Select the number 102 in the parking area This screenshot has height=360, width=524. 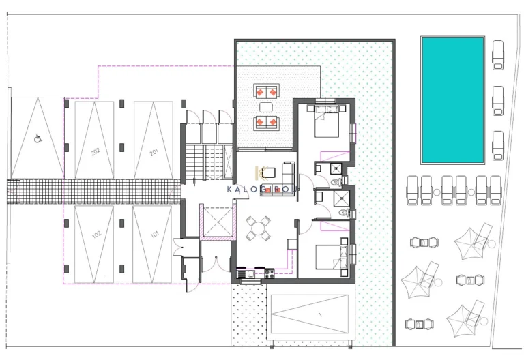[96, 237]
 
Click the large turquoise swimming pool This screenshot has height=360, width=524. [452, 100]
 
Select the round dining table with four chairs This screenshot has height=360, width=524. [257, 228]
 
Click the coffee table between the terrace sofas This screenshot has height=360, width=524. [266, 106]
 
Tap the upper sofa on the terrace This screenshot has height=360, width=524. [266, 91]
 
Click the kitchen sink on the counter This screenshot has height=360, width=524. [250, 274]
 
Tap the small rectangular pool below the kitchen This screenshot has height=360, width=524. [310, 313]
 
